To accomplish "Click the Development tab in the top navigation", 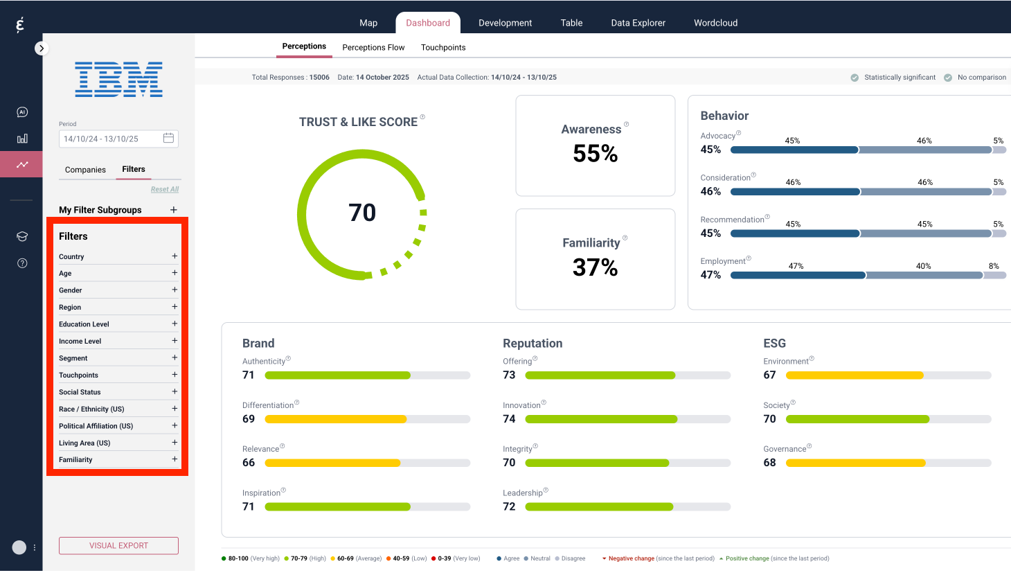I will tap(505, 23).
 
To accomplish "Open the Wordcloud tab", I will tap(715, 23).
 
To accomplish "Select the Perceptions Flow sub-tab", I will tap(373, 48).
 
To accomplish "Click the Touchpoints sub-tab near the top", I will tap(443, 48).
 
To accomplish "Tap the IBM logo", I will tap(118, 79).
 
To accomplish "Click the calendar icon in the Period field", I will tap(168, 139).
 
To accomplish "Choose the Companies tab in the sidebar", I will tap(85, 170).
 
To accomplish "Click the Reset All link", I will tap(165, 189).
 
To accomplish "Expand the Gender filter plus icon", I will tap(175, 290).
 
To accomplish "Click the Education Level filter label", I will tap(84, 324).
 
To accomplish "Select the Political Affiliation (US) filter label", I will tap(96, 426).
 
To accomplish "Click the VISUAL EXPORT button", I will tap(118, 546).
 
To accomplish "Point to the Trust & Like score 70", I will tap(362, 213).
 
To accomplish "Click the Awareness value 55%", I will tap(595, 153).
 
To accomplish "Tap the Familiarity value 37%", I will tap(595, 267).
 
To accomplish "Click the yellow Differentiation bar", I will tap(335, 419).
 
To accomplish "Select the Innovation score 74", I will tap(509, 419).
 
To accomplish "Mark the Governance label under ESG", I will tap(785, 449).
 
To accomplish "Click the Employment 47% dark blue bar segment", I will tap(798, 276).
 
